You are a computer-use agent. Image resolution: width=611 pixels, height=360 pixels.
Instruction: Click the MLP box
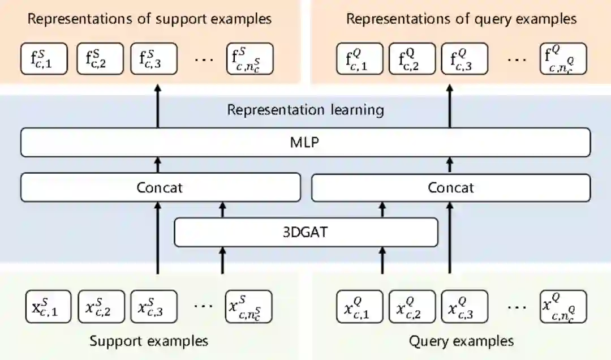coord(305,142)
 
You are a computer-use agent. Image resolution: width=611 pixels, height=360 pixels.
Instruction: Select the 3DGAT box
coord(305,232)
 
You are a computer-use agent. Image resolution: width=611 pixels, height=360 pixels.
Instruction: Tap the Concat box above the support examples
coord(160,187)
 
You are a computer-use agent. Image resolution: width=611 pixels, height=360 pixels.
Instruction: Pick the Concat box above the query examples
coord(450,187)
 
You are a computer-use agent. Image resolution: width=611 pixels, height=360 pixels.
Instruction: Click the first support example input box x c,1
coord(49,307)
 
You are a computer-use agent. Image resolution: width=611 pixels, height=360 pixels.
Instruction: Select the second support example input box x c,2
coord(101,307)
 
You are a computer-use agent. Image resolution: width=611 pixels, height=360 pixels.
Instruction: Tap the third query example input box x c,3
coord(464,307)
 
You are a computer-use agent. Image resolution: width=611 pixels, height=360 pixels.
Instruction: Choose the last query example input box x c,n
coord(563,307)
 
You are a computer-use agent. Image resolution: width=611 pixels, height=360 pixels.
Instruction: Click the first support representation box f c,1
coord(44,58)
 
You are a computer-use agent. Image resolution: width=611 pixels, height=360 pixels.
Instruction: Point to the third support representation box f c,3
coord(154,58)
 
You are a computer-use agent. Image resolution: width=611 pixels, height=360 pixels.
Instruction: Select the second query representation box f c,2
coord(412,58)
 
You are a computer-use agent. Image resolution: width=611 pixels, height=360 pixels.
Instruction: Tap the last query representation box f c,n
coord(563,58)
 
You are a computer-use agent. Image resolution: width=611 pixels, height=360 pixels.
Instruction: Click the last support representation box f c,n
coord(249,58)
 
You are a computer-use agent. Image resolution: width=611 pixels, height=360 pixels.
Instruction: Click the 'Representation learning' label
coord(305,109)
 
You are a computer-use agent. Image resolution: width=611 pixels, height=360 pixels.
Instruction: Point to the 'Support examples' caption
coord(149,341)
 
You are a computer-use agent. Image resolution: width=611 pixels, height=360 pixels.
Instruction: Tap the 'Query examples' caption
coord(461,341)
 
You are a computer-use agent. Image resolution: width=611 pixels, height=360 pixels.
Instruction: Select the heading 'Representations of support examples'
coord(150,19)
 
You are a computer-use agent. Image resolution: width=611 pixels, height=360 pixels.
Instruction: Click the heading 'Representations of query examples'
coord(461,19)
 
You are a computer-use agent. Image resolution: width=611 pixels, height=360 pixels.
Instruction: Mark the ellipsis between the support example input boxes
coord(203,306)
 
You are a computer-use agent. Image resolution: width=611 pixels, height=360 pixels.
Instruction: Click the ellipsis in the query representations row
coord(517,58)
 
